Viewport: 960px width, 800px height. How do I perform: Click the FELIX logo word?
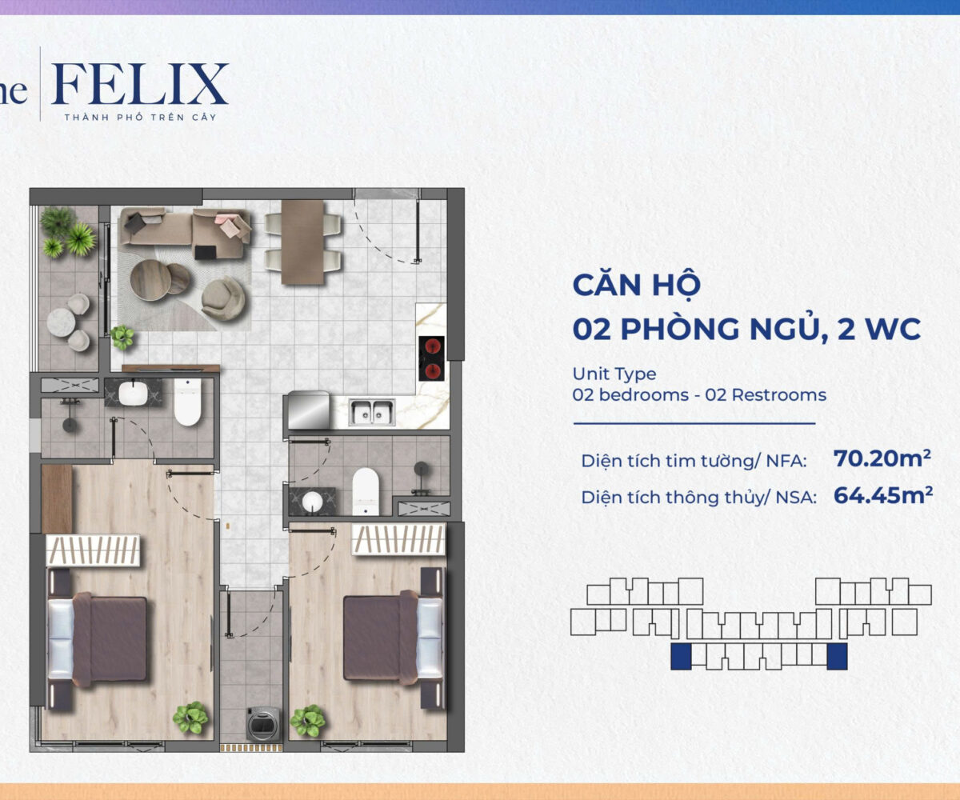[140, 84]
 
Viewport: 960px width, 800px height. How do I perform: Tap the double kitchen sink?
[372, 412]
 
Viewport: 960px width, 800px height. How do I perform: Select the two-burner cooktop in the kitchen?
[431, 358]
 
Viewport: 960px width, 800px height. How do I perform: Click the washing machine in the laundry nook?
[263, 724]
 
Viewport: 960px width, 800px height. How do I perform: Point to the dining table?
[302, 242]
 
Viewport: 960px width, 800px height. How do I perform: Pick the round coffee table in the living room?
[151, 280]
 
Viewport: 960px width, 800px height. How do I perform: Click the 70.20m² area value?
[882, 458]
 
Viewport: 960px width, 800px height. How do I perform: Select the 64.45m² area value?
[882, 495]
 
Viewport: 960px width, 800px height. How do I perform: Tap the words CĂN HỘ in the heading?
[637, 286]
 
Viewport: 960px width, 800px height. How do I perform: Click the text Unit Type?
[614, 374]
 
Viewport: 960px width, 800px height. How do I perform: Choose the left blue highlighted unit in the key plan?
[681, 656]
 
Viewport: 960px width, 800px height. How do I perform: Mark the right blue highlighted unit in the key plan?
[837, 656]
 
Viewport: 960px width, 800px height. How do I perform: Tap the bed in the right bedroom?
[393, 638]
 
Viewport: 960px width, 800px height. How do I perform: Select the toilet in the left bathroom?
[187, 402]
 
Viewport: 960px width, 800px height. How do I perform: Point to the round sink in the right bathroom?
[312, 501]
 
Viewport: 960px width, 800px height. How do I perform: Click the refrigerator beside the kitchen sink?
[308, 410]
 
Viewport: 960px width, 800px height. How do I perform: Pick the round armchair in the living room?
[223, 299]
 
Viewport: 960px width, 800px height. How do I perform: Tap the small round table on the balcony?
[61, 322]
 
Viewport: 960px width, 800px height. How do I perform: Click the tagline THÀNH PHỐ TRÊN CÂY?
[140, 118]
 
